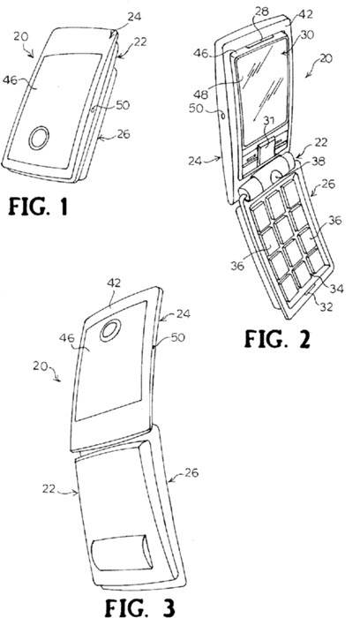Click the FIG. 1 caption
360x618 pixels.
(x=38, y=207)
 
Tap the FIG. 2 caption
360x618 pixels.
(x=277, y=338)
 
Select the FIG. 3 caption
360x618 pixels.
(x=139, y=607)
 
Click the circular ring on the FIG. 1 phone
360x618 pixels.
(x=39, y=138)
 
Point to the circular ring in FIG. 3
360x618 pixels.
(x=110, y=330)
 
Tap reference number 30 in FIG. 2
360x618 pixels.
(x=307, y=35)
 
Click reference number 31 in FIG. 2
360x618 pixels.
(x=269, y=124)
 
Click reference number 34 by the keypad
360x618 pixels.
(x=336, y=290)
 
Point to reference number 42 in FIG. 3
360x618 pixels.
(x=114, y=283)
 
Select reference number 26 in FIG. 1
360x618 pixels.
(x=124, y=134)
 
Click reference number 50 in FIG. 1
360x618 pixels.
(x=123, y=104)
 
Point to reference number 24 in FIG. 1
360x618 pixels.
(x=134, y=17)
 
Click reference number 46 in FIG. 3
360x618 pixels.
(x=67, y=338)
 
